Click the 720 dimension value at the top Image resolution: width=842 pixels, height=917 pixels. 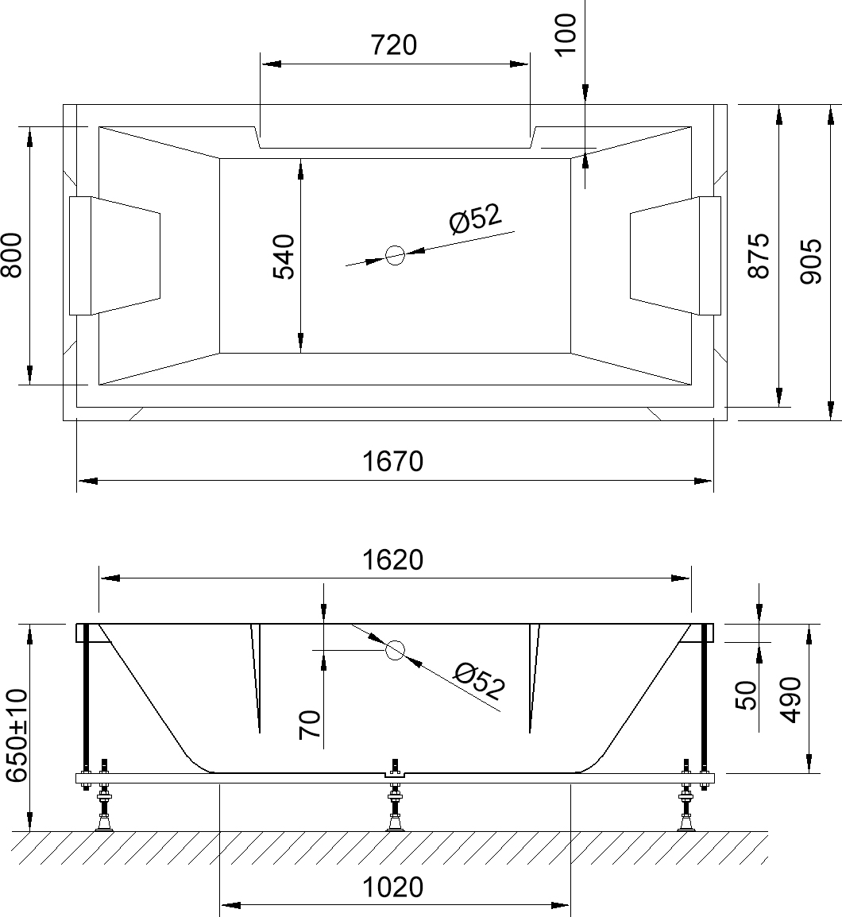[x=394, y=45]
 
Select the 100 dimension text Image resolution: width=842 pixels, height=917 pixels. [x=565, y=33]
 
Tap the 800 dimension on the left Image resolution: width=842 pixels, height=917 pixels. [x=10, y=255]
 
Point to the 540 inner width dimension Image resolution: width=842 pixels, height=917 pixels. [x=284, y=256]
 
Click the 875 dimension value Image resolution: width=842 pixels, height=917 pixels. [x=759, y=255]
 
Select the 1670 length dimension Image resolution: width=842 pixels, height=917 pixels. [x=394, y=461]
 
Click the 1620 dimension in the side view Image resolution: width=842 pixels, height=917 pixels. [x=394, y=560]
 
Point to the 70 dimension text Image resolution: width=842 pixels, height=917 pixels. [x=310, y=725]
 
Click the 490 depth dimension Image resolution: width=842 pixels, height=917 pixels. [x=790, y=700]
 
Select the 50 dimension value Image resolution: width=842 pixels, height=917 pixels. [x=746, y=695]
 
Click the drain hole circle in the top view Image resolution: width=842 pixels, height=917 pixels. [x=395, y=255]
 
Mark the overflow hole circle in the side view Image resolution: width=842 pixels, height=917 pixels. [x=395, y=651]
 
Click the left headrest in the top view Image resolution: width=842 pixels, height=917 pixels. [x=115, y=255]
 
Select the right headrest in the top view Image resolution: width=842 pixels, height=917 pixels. [x=675, y=255]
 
